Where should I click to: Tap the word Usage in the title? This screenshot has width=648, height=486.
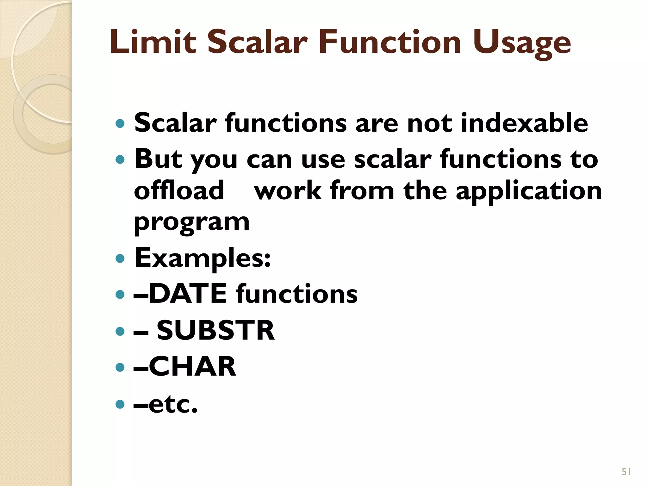pos(522,44)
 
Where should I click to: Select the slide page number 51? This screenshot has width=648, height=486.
pos(626,472)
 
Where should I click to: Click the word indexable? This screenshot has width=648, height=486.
pos(524,123)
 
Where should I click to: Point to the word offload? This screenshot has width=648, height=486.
pos(179,190)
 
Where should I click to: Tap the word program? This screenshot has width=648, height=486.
pos(192,223)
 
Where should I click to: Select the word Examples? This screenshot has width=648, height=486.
pos(202,258)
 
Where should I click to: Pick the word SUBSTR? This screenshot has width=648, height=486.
pos(215,331)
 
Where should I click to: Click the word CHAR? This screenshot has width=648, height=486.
pos(192,367)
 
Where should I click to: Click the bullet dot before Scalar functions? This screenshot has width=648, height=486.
pos(120,123)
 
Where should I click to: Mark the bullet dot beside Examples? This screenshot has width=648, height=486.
pos(120,259)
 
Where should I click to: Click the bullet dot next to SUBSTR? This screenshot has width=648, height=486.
pos(120,331)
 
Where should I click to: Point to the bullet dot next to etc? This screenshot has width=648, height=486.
pos(120,404)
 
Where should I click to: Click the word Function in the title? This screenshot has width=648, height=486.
pos(390,42)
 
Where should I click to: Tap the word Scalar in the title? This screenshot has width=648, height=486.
pos(257,42)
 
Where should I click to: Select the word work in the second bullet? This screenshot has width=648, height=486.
pos(288,191)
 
